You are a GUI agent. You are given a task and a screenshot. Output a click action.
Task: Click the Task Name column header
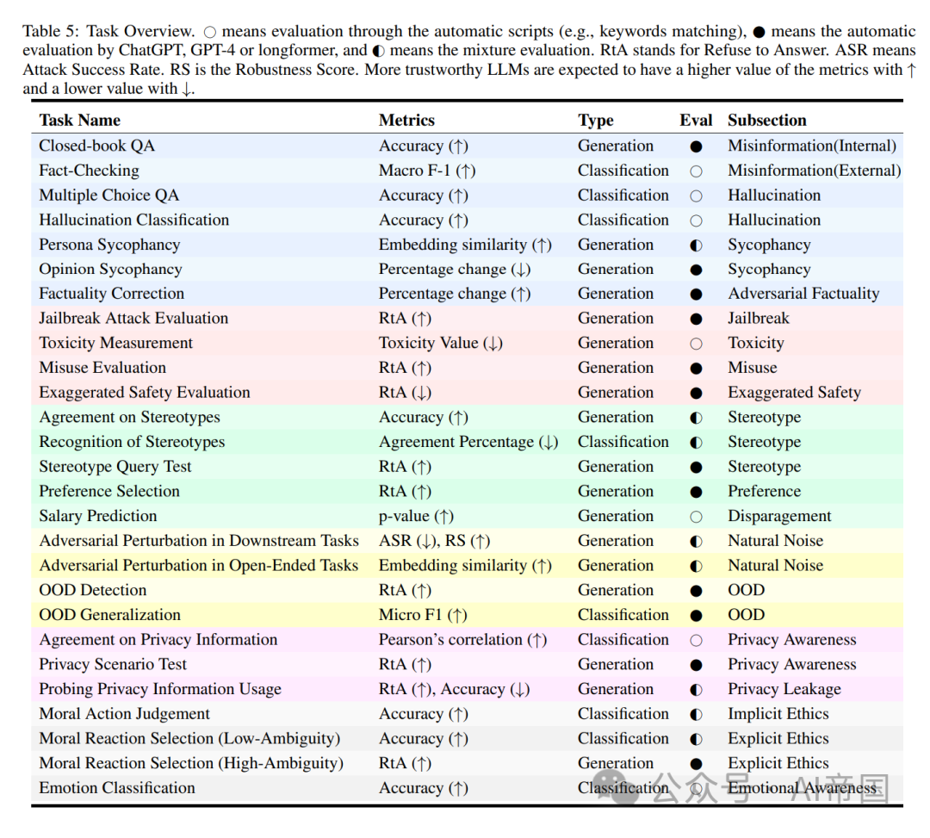click(x=79, y=121)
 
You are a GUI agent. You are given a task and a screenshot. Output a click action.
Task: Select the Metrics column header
click(x=406, y=121)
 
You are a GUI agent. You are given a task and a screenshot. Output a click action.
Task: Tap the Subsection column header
click(x=766, y=121)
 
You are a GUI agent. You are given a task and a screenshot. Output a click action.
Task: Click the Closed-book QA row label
click(x=97, y=146)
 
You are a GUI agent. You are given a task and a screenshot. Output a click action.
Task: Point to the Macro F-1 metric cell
click(x=427, y=171)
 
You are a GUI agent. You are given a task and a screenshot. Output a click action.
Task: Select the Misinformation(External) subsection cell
click(x=814, y=171)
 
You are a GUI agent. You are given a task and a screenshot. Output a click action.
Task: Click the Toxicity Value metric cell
click(x=440, y=343)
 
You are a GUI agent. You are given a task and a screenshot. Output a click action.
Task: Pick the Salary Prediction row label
click(x=98, y=516)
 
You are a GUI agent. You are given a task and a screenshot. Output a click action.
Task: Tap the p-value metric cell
click(x=416, y=516)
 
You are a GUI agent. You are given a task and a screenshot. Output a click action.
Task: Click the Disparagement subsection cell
click(x=779, y=516)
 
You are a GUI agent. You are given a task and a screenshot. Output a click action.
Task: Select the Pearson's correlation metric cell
click(x=462, y=640)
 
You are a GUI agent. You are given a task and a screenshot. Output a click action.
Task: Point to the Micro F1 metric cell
click(x=423, y=615)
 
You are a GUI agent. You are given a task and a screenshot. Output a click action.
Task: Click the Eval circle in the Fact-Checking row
click(x=696, y=171)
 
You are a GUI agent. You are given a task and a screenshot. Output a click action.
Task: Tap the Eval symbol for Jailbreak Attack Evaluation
click(x=696, y=319)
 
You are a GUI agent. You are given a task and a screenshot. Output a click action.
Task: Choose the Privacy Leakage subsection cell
click(x=784, y=689)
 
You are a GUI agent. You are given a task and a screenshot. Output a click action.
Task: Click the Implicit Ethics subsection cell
click(x=778, y=714)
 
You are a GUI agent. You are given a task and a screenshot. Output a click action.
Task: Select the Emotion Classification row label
click(x=117, y=788)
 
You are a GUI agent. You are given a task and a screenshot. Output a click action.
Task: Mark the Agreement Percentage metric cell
click(x=468, y=442)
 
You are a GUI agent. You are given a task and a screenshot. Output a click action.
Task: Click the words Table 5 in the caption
click(x=50, y=31)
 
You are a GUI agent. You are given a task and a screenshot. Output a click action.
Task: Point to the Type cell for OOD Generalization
click(x=623, y=615)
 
